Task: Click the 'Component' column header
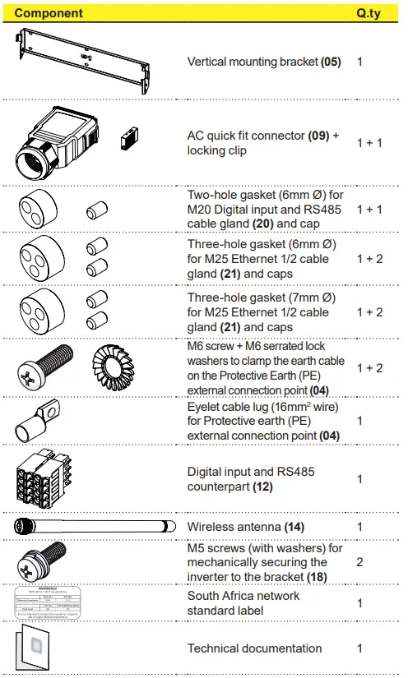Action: click(49, 13)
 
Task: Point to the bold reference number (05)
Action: click(331, 62)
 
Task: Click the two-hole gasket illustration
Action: click(39, 210)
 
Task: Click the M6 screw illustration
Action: click(47, 367)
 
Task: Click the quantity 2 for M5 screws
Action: click(360, 563)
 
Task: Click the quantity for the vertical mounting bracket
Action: click(360, 62)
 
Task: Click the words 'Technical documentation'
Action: click(254, 648)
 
